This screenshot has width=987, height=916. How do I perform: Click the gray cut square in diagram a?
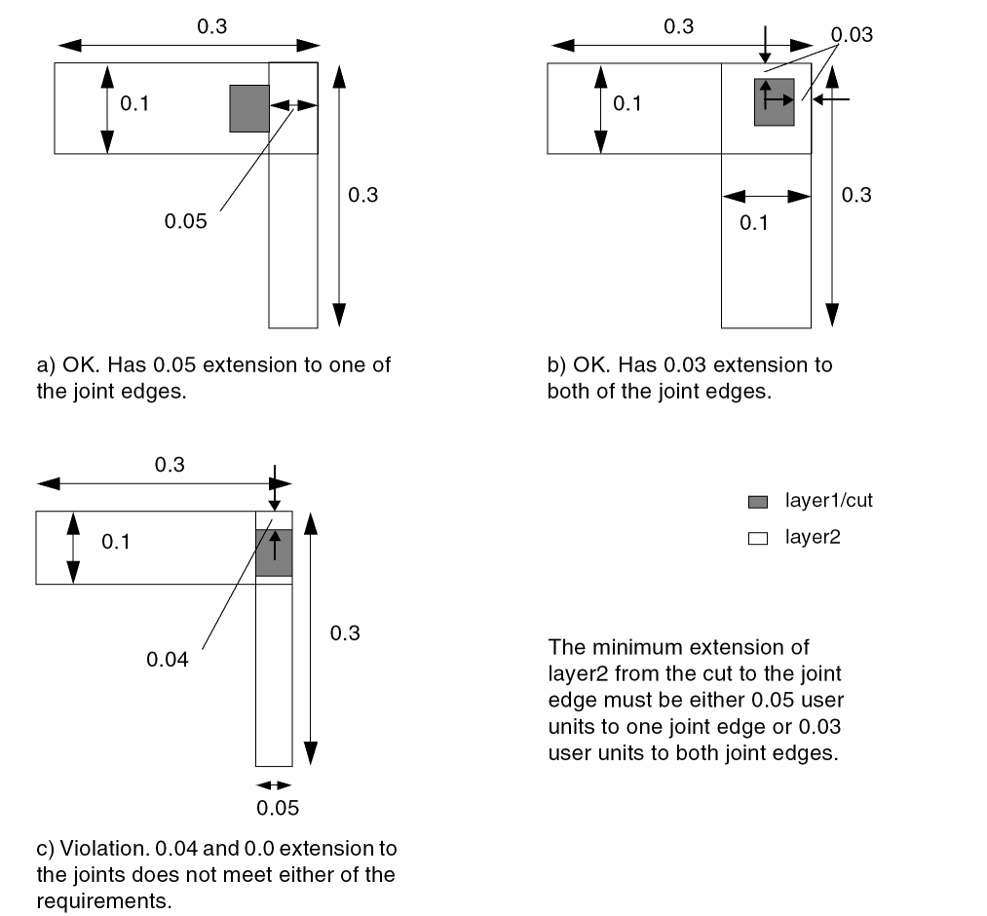248,108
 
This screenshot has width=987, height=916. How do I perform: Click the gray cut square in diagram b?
775,102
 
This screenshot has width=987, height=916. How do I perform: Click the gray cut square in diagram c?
274,553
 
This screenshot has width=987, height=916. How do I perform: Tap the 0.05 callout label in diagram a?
185,221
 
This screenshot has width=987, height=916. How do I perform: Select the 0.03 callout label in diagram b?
854,36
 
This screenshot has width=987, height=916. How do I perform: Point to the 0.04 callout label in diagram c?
167,660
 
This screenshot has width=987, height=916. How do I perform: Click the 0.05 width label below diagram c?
277,808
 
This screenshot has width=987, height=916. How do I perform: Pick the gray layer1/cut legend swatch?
758,502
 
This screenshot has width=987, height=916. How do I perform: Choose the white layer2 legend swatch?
758,537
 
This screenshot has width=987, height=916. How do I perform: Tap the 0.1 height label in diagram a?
134,103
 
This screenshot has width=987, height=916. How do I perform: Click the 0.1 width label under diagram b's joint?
753,223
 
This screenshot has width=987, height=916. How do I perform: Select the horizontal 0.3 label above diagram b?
678,26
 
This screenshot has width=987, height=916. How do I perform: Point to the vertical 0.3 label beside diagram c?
345,633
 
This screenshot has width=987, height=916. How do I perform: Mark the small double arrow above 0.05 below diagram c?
274,784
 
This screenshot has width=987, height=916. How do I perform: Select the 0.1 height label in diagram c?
116,542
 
